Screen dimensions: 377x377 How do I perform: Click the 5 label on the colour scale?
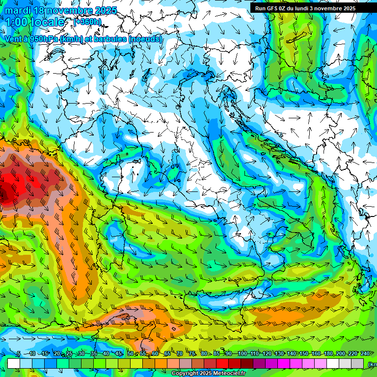click(x=19, y=354)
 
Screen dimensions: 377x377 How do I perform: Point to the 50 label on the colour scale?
click(x=130, y=354)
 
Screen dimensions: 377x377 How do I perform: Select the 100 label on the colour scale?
click(x=242, y=354)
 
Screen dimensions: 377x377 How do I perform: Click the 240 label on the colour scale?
click(x=365, y=354)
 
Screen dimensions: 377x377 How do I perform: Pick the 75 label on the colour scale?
click(x=192, y=354)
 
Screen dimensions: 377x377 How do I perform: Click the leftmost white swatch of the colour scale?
click(x=14, y=363)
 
